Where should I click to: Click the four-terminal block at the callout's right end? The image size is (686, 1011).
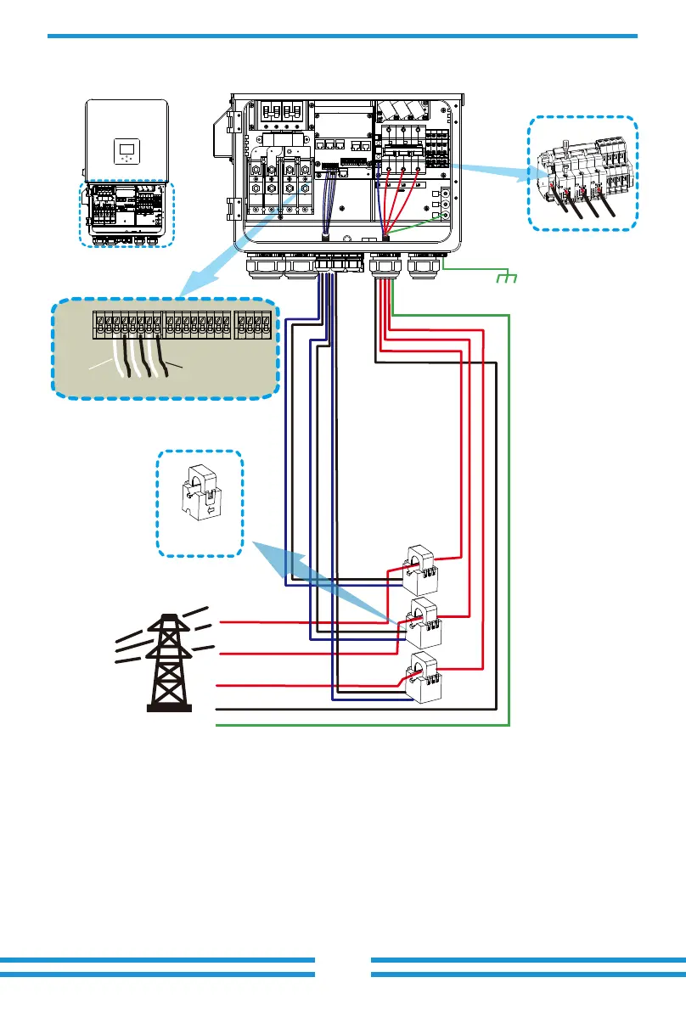pyautogui.click(x=255, y=324)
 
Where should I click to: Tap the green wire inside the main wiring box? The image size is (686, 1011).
pyautogui.click(x=416, y=226)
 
